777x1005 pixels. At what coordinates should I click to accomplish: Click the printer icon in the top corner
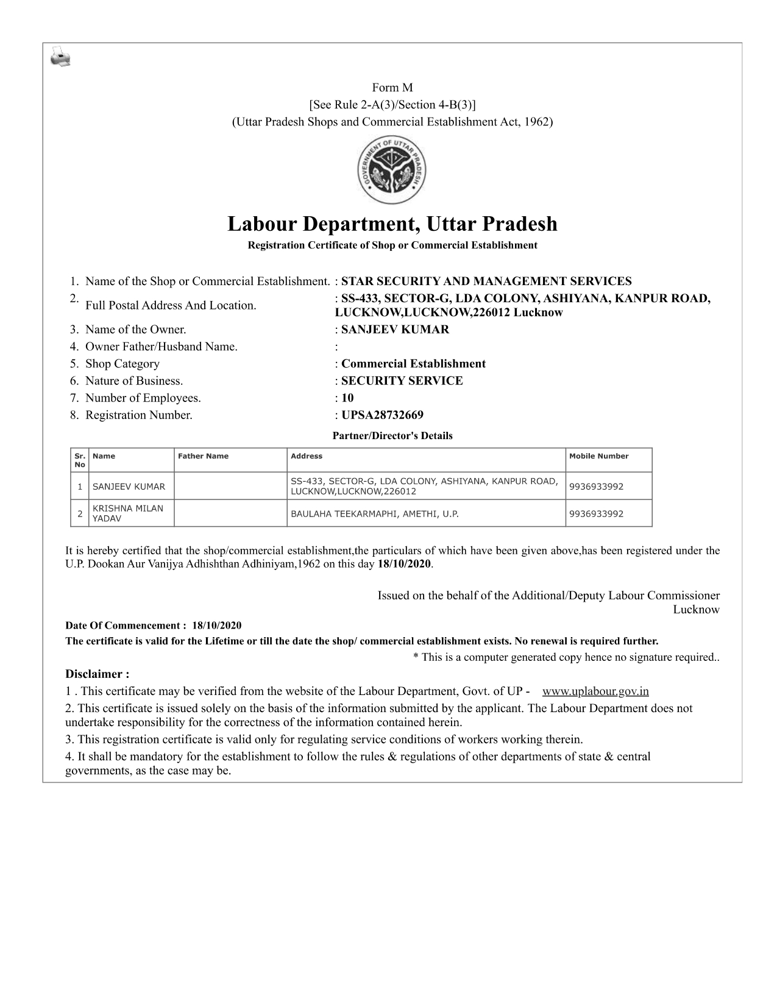pyautogui.click(x=60, y=57)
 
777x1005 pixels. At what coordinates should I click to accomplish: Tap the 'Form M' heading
pyautogui.click(x=392, y=88)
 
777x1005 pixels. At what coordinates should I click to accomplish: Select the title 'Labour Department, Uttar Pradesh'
pyautogui.click(x=392, y=224)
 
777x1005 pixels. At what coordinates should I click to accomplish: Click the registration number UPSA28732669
pyautogui.click(x=382, y=415)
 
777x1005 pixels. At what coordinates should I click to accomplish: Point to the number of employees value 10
pyautogui.click(x=347, y=398)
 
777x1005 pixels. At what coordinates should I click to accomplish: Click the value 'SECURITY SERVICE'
pyautogui.click(x=402, y=381)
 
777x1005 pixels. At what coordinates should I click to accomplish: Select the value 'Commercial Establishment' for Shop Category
pyautogui.click(x=413, y=364)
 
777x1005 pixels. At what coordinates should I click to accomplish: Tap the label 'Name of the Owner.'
pyautogui.click(x=135, y=330)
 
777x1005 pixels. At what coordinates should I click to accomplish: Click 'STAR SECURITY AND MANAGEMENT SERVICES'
pyautogui.click(x=486, y=281)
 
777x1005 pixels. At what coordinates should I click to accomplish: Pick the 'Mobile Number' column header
pyautogui.click(x=598, y=456)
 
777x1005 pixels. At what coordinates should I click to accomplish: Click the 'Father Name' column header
pyautogui.click(x=203, y=456)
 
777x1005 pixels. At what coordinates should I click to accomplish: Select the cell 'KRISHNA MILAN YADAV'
pyautogui.click(x=127, y=513)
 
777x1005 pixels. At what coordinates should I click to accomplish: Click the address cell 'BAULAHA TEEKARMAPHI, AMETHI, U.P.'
pyautogui.click(x=374, y=514)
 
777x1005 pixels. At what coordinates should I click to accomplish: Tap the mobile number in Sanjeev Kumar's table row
pyautogui.click(x=596, y=487)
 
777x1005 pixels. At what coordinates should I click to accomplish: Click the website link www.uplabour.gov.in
pyautogui.click(x=595, y=691)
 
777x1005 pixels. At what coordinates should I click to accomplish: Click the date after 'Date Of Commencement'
pyautogui.click(x=216, y=626)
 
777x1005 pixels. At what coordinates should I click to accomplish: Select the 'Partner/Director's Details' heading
pyautogui.click(x=392, y=436)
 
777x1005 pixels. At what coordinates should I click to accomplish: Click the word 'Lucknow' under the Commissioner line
pyautogui.click(x=695, y=610)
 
